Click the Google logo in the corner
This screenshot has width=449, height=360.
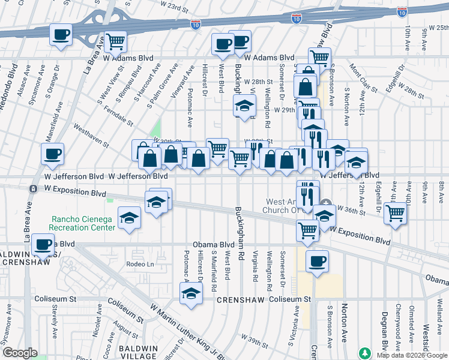[x=19, y=353]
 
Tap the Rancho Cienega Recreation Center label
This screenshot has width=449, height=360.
[x=82, y=224]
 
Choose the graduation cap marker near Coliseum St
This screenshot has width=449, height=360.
[x=191, y=293]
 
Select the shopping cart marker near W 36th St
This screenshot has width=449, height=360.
[x=396, y=212]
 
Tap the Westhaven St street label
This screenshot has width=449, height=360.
[x=91, y=136]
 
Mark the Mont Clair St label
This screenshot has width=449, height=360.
[x=363, y=80]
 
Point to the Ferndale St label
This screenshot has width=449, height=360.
[x=118, y=112]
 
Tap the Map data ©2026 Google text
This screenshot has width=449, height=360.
[x=411, y=355]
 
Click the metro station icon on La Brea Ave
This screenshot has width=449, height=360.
[x=33, y=188]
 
